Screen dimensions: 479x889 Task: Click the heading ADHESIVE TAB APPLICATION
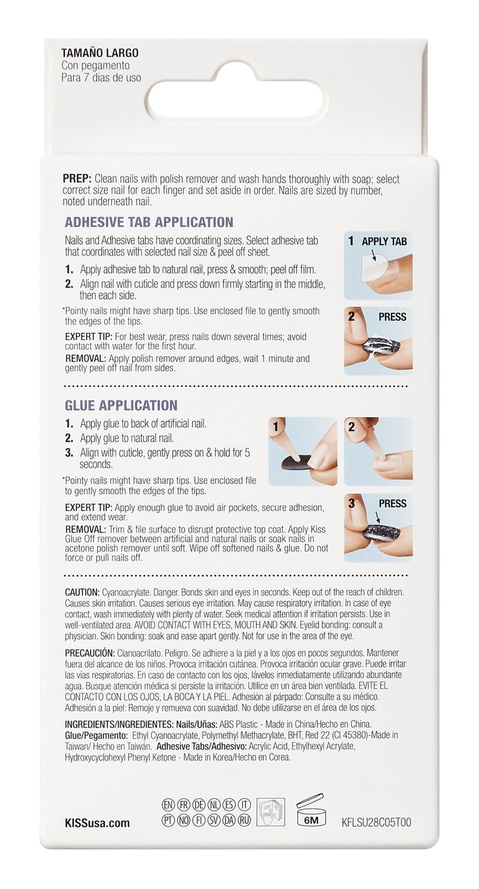point(149,222)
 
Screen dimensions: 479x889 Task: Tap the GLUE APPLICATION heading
point(121,405)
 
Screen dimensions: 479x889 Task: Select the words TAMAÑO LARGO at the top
point(100,53)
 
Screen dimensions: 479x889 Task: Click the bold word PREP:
point(77,179)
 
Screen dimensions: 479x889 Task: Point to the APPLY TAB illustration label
point(384,241)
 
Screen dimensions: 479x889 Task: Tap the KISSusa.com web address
point(97,823)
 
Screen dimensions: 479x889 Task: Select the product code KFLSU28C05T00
point(376,822)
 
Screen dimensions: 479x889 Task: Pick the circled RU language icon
point(244,821)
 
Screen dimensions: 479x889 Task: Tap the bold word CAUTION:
point(82,593)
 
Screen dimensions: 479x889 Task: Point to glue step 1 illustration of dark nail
point(303,451)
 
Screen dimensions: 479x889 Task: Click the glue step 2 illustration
point(378,451)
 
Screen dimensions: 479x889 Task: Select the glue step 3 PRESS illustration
point(378,527)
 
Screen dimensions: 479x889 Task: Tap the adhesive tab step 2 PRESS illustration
point(378,341)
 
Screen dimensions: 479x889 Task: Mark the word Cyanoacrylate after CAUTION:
point(126,593)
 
